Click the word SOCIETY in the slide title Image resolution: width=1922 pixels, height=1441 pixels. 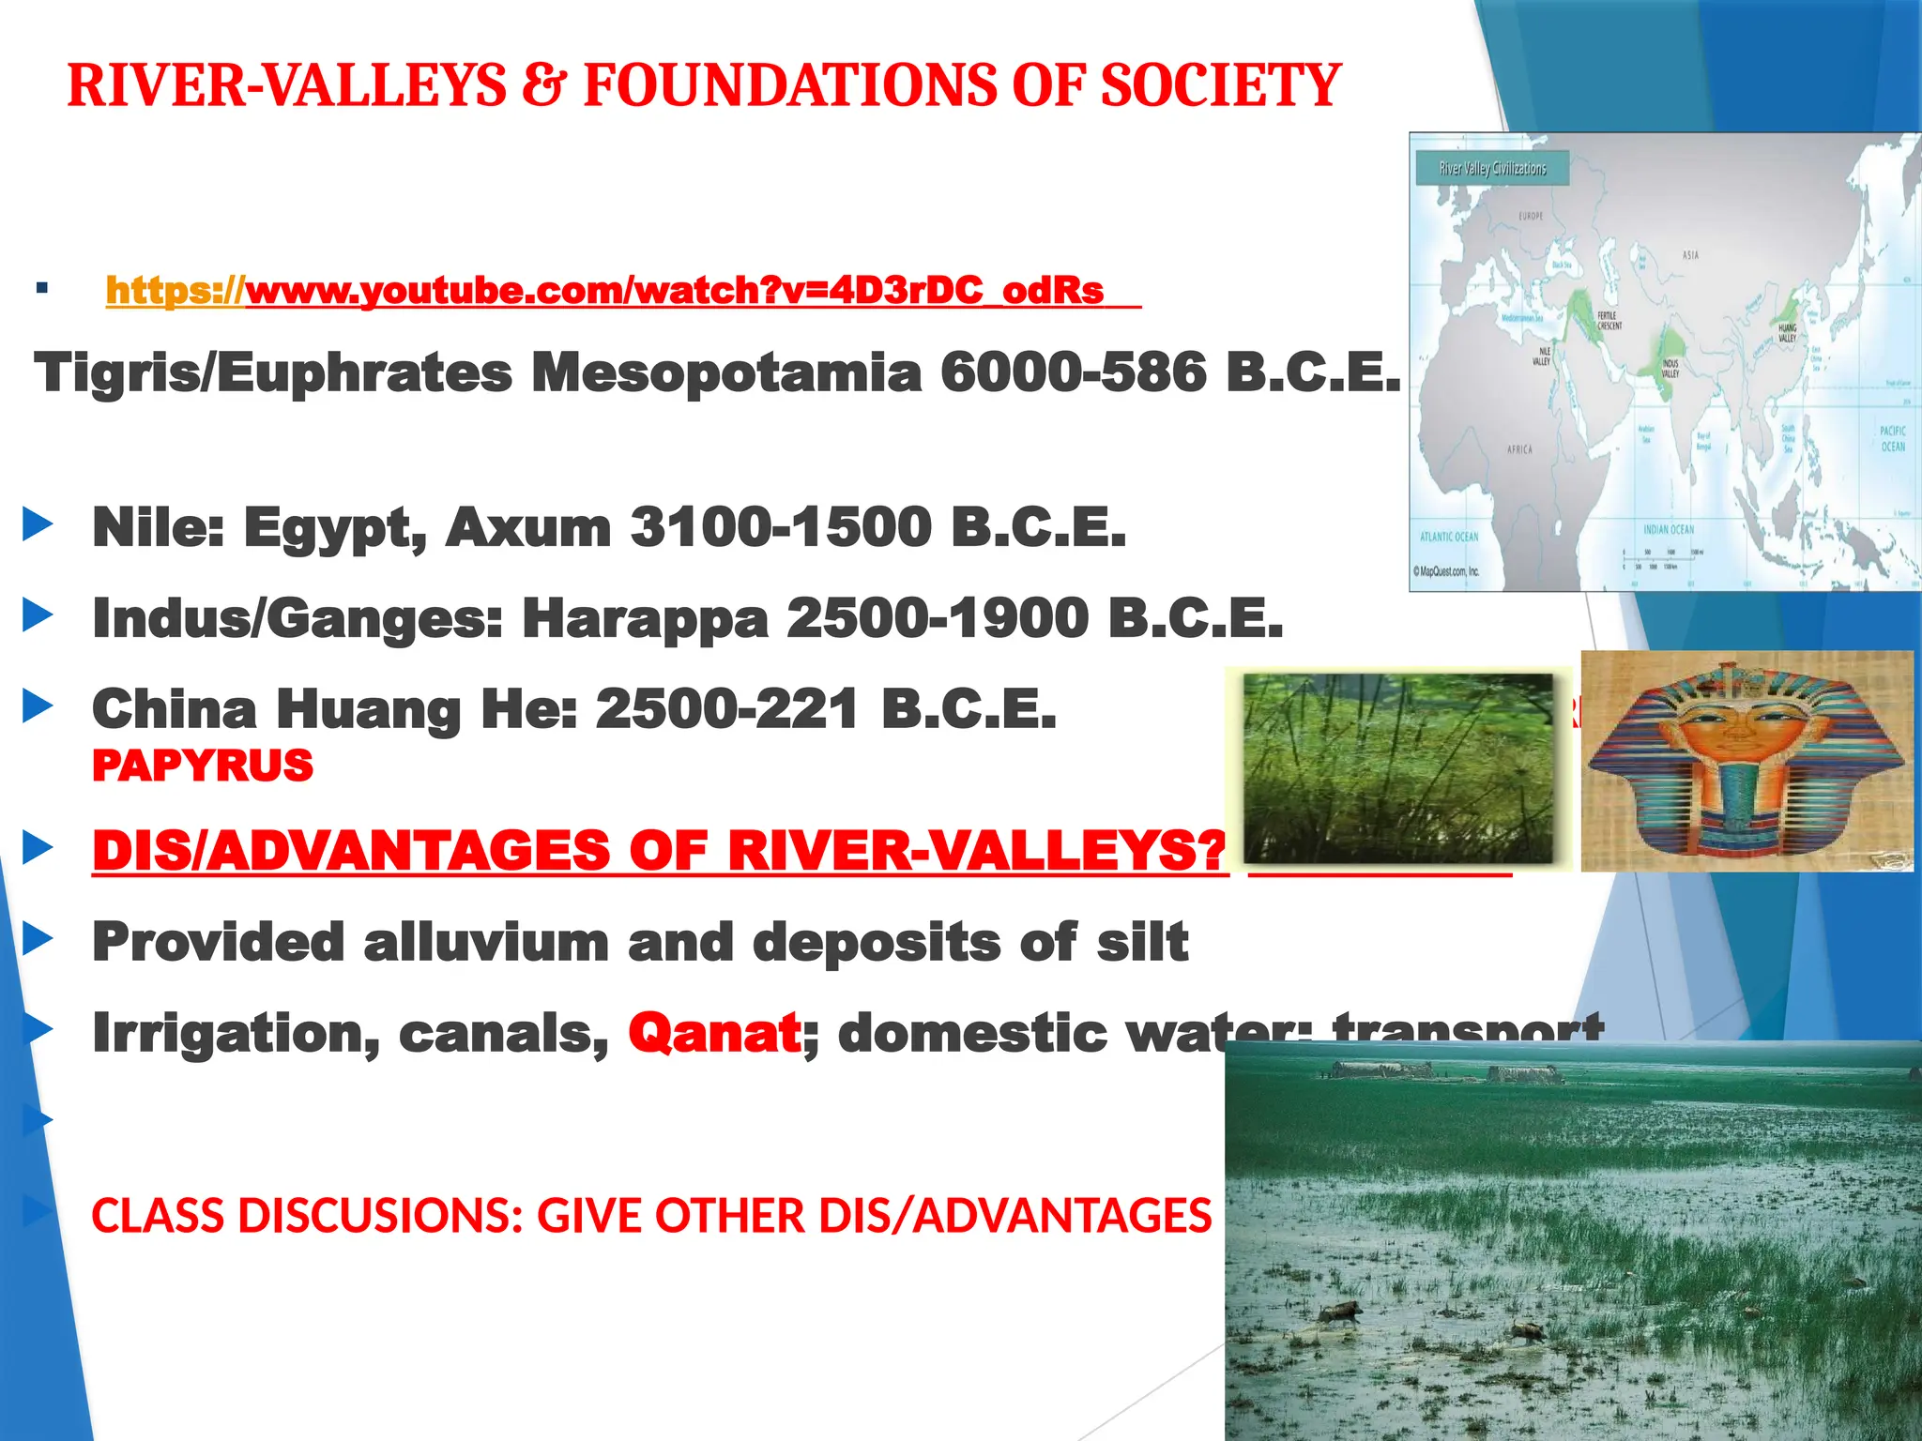[1220, 86]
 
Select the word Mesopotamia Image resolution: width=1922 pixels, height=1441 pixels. [727, 373]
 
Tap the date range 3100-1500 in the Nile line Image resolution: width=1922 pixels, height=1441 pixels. [781, 527]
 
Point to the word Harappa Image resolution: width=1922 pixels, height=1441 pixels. [646, 619]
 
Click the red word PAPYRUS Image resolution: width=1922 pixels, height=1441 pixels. [203, 766]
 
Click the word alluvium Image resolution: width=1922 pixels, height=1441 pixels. [486, 942]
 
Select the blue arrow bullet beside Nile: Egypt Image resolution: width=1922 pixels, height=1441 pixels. [38, 525]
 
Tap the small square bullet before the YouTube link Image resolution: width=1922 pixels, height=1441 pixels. [41, 288]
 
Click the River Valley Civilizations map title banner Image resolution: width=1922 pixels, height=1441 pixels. [1492, 169]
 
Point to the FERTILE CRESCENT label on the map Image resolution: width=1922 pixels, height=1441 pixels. [1609, 321]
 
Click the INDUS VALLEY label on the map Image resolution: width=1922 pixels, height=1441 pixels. [1670, 368]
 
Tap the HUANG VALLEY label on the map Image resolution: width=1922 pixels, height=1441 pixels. [1787, 333]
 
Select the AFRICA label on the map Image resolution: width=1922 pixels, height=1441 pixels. [1519, 449]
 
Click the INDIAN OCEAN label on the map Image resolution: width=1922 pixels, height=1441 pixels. [1669, 530]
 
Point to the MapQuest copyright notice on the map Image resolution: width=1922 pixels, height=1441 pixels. [1446, 571]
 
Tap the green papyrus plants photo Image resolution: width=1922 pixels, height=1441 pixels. [1397, 767]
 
